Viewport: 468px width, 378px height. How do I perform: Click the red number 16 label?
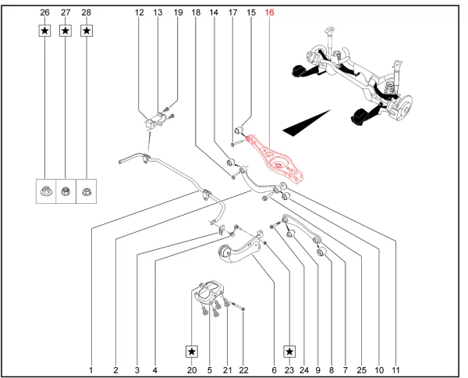pos(270,13)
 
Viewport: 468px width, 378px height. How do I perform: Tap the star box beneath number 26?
pos(44,30)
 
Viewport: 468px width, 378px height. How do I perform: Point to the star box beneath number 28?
pos(86,30)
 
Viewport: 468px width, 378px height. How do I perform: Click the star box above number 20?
pos(192,352)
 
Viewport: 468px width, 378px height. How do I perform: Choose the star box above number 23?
pos(289,352)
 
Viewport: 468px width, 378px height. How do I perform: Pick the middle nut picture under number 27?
pos(65,191)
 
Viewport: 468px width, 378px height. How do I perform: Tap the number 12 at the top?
pos(140,13)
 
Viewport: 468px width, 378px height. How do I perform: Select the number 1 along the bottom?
pos(91,369)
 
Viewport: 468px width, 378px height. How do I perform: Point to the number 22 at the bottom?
pos(243,369)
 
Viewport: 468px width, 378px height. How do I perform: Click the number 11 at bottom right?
pos(398,369)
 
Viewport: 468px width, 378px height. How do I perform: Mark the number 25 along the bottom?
pos(360,369)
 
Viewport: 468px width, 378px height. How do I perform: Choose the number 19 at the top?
pos(177,13)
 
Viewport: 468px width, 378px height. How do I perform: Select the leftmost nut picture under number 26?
pos(44,191)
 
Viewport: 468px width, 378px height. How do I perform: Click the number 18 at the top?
pos(195,13)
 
